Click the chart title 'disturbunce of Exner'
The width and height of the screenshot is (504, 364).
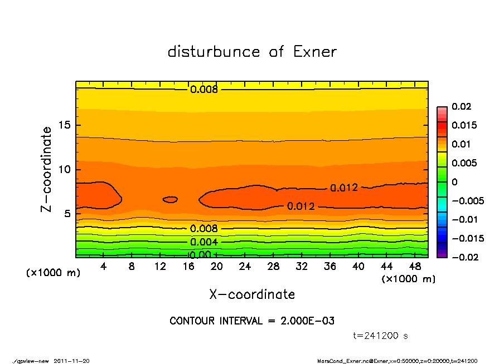pos(252,52)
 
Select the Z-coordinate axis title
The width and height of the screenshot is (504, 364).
pos(47,169)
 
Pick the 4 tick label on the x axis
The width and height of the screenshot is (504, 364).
pos(104,267)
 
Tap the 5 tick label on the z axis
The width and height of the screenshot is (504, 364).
pos(67,214)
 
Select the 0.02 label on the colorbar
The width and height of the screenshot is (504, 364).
pos(463,106)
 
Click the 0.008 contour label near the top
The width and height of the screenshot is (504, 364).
pos(204,89)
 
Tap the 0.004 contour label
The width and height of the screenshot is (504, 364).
pos(204,242)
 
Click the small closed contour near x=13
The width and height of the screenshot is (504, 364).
pos(170,199)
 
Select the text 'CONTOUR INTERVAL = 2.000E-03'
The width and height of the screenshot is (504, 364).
pos(252,321)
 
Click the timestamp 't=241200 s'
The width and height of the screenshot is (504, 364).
pos(381,336)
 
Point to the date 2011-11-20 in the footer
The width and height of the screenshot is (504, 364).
pos(71,361)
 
